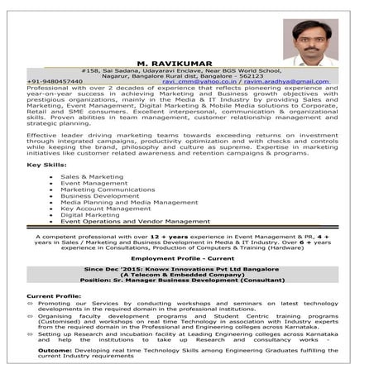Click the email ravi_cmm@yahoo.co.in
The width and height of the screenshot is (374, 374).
pyautogui.click(x=199, y=82)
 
